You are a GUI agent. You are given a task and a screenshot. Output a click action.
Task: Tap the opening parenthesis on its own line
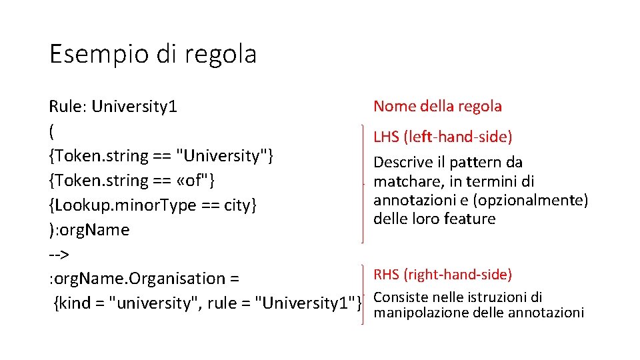pos(52,131)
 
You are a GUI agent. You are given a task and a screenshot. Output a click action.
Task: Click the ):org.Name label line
pos(89,230)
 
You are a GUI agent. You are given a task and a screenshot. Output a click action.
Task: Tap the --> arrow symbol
pos(59,254)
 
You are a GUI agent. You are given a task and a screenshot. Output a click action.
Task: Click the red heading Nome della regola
pos(437,106)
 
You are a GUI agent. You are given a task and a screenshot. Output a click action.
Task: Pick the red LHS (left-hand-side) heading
pos(443,137)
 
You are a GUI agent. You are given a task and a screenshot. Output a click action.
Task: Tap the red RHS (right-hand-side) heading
pos(443,275)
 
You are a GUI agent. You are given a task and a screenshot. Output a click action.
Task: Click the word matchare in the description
pos(405,181)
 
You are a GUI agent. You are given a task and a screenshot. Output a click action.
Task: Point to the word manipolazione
pos(419,312)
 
